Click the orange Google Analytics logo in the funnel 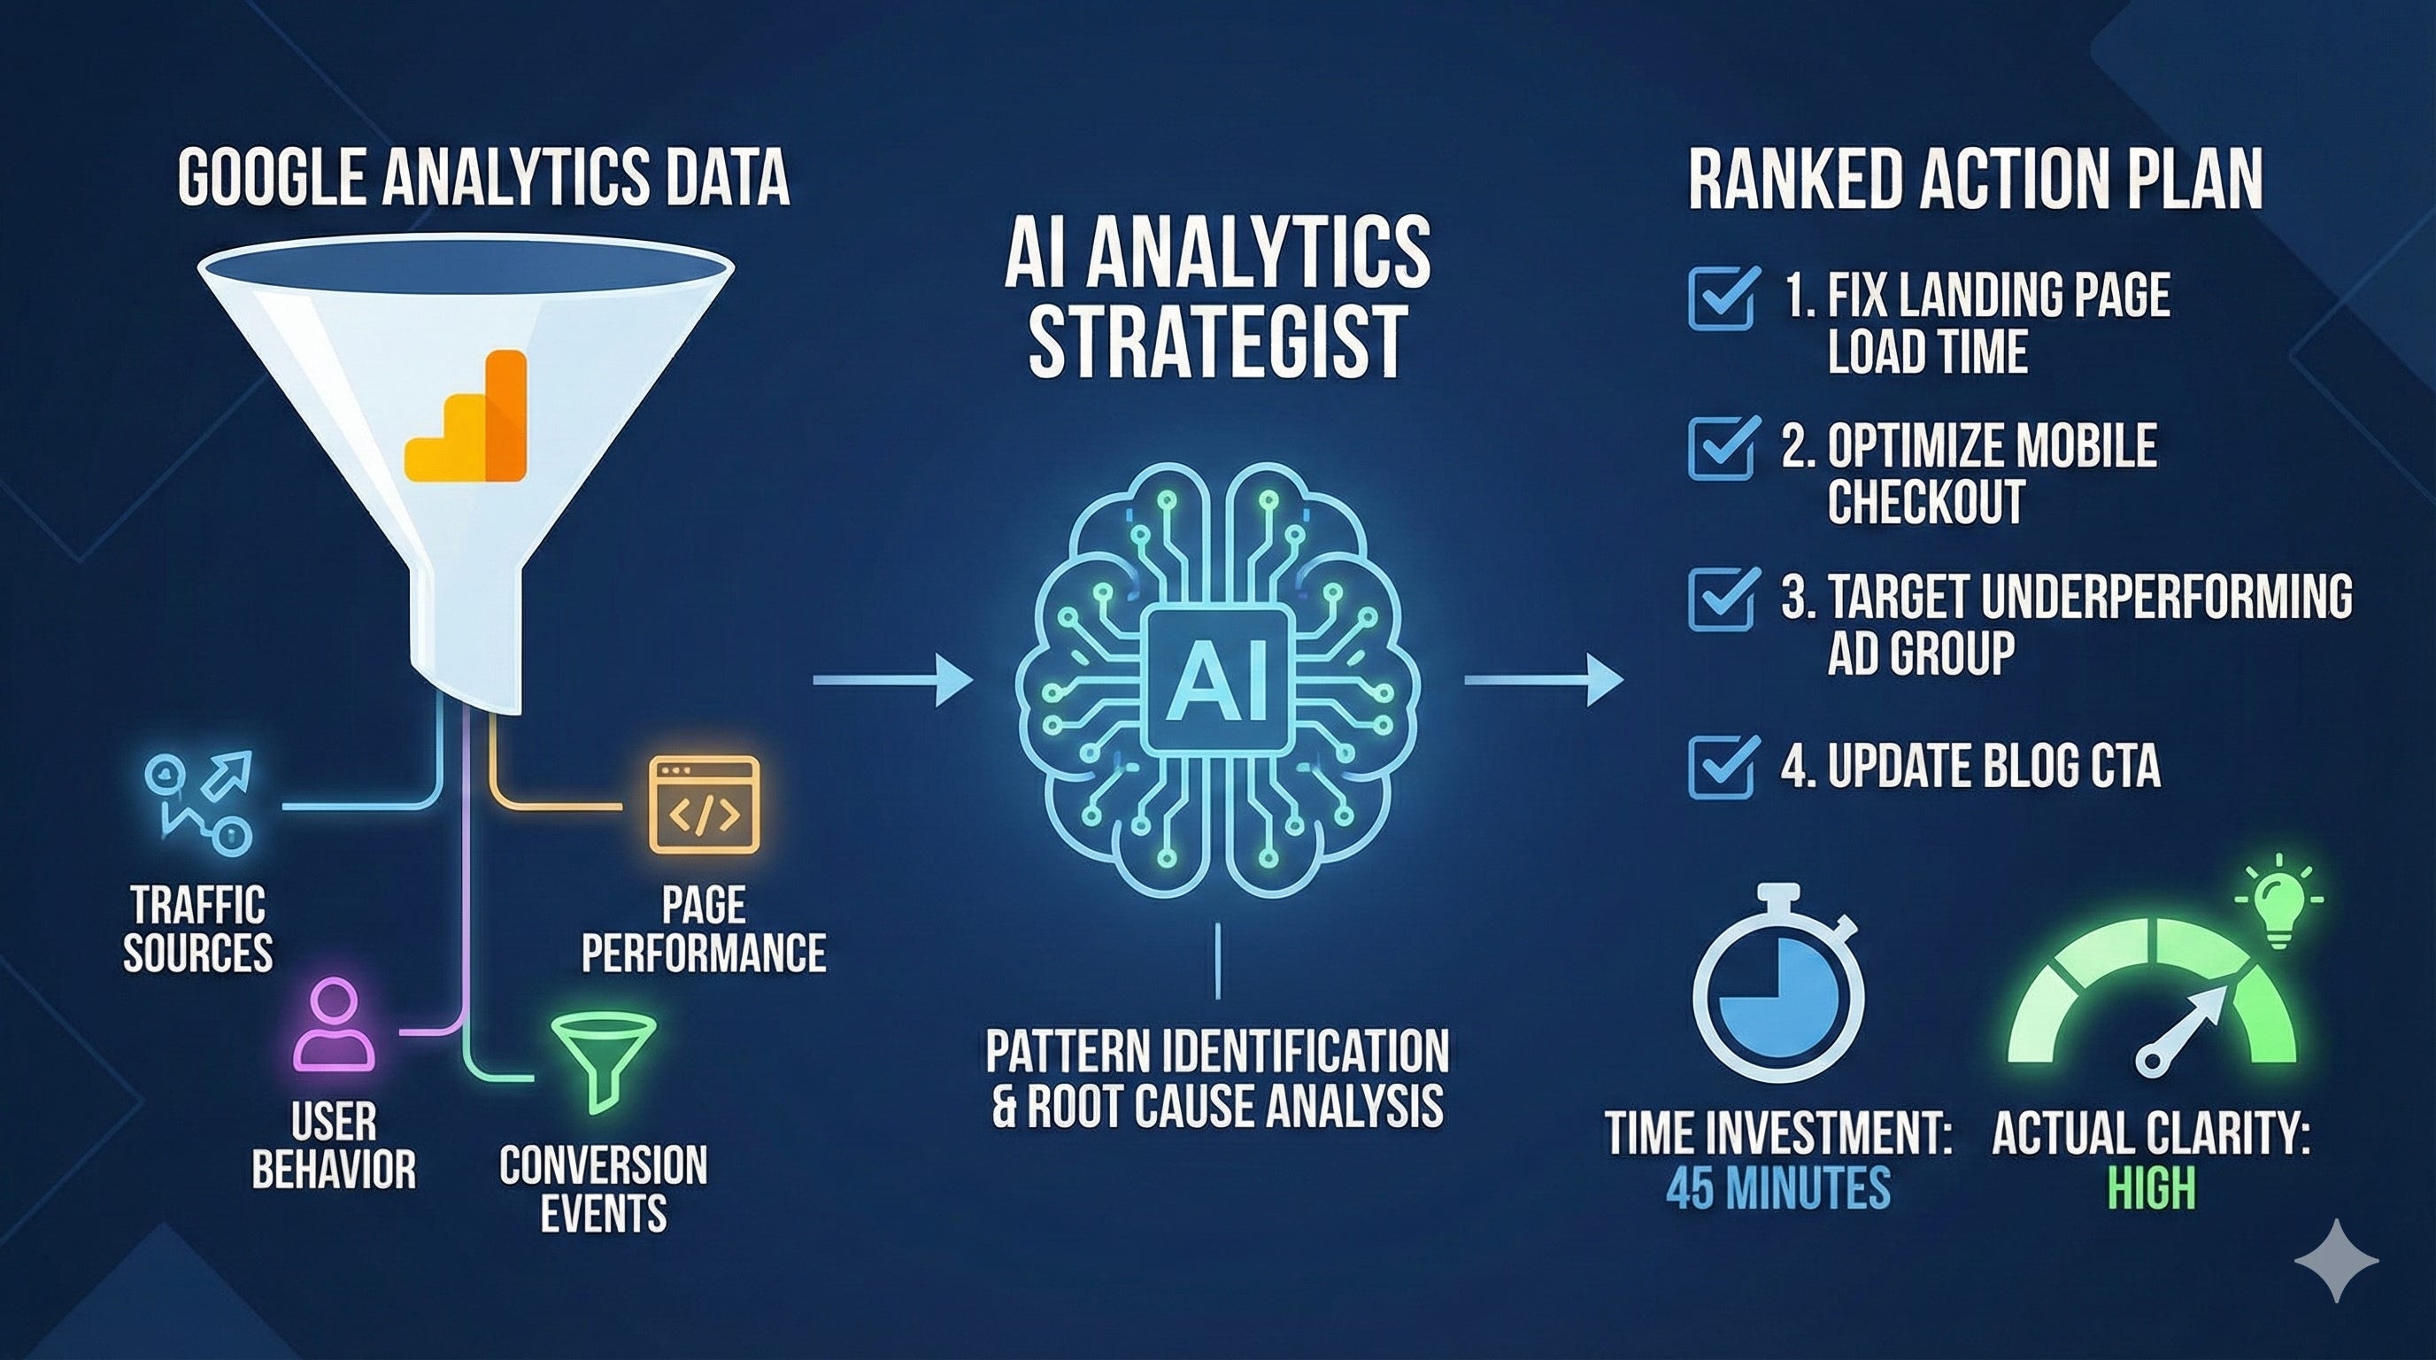(x=466, y=416)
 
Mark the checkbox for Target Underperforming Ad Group (x=1722, y=599)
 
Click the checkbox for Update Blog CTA (x=1722, y=767)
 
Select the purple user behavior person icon (x=333, y=1024)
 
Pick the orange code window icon (x=704, y=805)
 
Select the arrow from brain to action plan (x=1542, y=680)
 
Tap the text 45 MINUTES (x=1777, y=1189)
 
